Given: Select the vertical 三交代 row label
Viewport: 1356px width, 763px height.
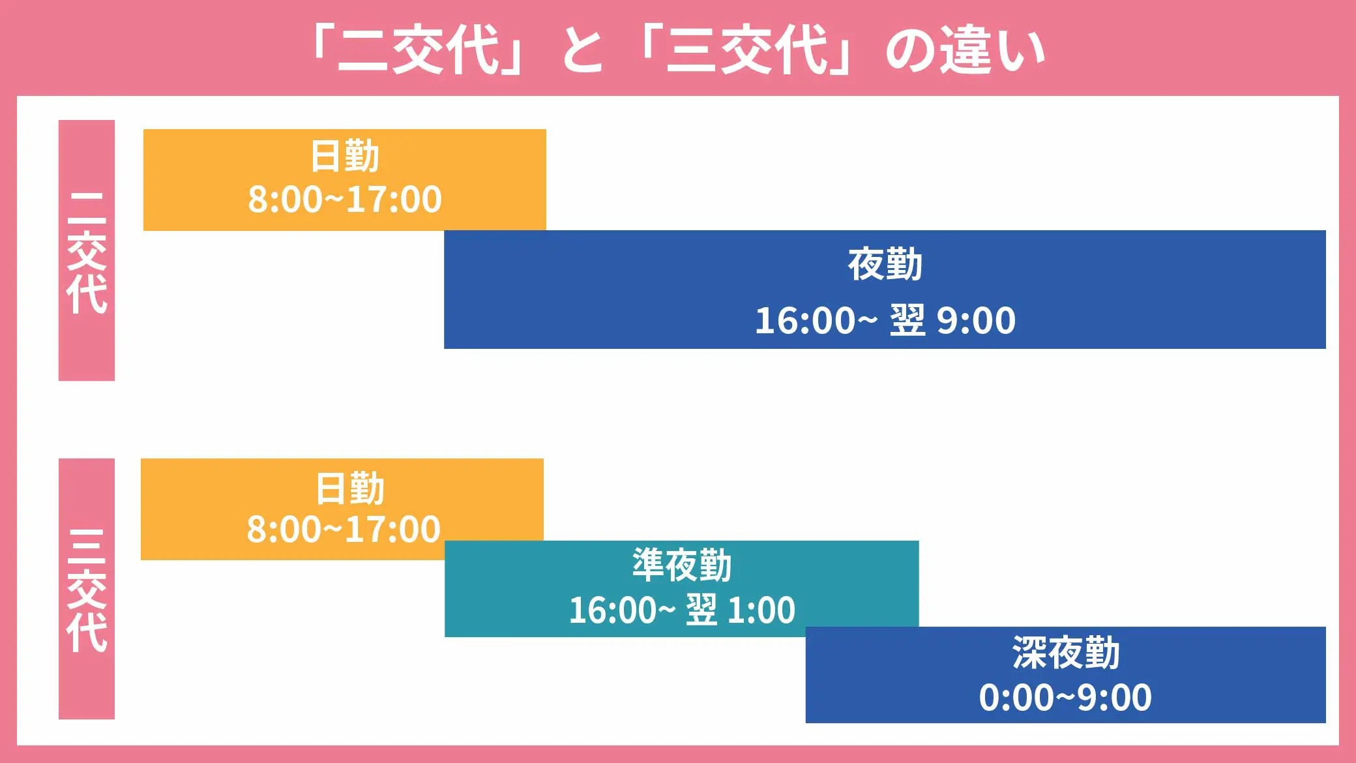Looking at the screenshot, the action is click(x=87, y=591).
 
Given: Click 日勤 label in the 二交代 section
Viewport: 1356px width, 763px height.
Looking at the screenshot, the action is click(x=344, y=157).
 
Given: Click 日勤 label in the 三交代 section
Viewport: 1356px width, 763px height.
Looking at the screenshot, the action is click(x=349, y=488).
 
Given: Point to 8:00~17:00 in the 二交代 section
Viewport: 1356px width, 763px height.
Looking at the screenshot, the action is click(x=345, y=200).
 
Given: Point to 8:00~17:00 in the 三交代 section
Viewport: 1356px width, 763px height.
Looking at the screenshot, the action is click(x=344, y=529).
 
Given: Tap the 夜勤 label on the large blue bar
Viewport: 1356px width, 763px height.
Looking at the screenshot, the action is click(x=885, y=264).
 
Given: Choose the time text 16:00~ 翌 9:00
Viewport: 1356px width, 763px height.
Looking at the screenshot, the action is click(x=885, y=320).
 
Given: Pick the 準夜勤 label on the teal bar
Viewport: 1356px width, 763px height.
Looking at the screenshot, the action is click(x=682, y=565).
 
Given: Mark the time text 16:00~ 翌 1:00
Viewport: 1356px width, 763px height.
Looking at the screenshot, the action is click(x=682, y=610).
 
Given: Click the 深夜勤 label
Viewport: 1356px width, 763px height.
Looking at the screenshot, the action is click(x=1066, y=652).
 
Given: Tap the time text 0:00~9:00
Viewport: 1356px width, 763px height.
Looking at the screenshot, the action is click(x=1065, y=697).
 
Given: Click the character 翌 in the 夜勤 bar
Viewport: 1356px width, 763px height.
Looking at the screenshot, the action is click(x=907, y=320).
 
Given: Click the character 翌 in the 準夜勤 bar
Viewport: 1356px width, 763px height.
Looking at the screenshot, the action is click(x=701, y=610).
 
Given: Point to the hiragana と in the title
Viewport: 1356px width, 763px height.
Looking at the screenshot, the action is click(x=582, y=50).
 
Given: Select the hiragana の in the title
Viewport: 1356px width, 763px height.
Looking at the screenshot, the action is click(x=909, y=51).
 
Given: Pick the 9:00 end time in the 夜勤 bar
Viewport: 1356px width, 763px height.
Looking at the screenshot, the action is click(x=976, y=320).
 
